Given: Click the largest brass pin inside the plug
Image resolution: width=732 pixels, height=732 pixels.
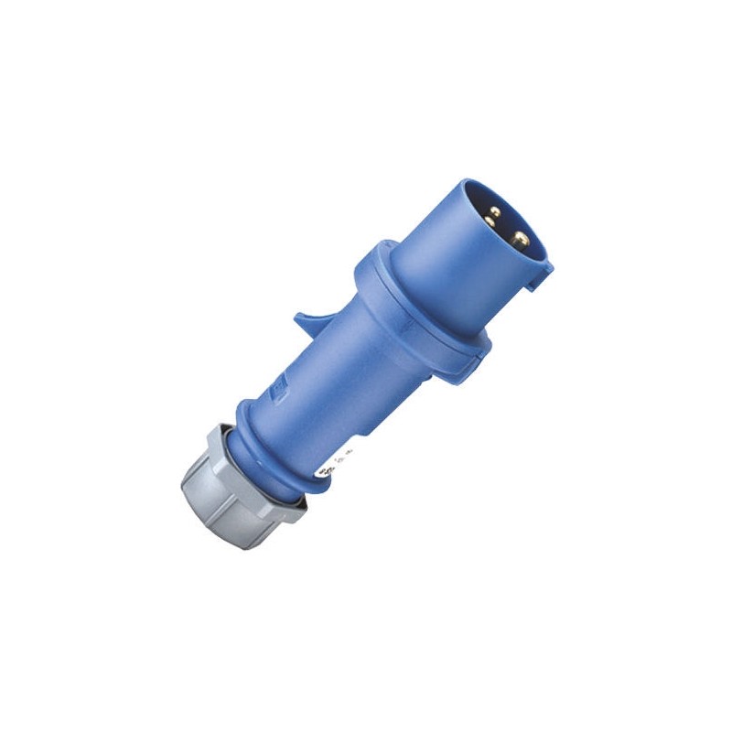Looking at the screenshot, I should coord(520,240).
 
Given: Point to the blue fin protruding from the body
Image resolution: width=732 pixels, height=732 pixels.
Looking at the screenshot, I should coord(311,321).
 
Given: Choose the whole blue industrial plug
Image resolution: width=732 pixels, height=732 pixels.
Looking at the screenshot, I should coord(366,366).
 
